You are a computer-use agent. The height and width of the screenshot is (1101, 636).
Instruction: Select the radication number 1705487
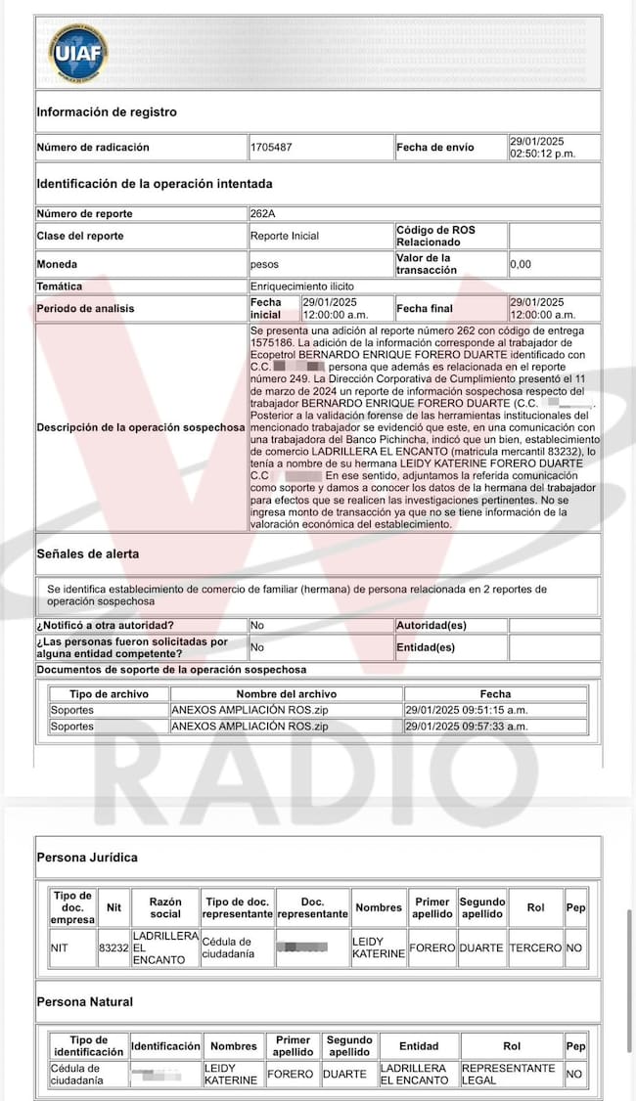pyautogui.click(x=271, y=148)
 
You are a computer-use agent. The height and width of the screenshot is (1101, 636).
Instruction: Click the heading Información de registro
pyautogui.click(x=107, y=112)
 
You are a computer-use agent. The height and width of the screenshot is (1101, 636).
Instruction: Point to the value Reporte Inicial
pyautogui.click(x=285, y=236)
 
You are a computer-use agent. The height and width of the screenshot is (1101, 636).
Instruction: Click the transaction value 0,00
pyautogui.click(x=522, y=264)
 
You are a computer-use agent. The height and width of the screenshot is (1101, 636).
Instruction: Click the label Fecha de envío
pyautogui.click(x=434, y=148)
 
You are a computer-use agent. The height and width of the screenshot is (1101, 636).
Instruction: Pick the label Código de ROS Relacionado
pyautogui.click(x=434, y=236)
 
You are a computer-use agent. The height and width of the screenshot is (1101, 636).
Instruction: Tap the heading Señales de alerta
pyautogui.click(x=88, y=553)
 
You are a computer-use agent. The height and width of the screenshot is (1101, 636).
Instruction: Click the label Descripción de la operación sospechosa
pyautogui.click(x=141, y=427)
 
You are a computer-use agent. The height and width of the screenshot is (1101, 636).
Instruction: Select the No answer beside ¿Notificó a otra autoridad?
pyautogui.click(x=257, y=625)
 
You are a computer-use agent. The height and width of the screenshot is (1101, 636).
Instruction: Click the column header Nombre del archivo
pyautogui.click(x=286, y=693)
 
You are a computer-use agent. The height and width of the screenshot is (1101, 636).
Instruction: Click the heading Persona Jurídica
pyautogui.click(x=87, y=858)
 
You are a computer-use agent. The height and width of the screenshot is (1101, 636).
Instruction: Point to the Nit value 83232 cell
pyautogui.click(x=114, y=947)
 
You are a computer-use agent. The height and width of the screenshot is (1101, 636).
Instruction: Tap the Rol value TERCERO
pyautogui.click(x=536, y=947)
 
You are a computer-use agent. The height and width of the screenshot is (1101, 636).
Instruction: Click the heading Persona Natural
pyautogui.click(x=85, y=1002)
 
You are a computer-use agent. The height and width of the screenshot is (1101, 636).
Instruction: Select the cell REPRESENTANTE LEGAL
pyautogui.click(x=509, y=1074)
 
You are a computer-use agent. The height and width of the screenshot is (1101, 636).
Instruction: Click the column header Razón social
pyautogui.click(x=165, y=907)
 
